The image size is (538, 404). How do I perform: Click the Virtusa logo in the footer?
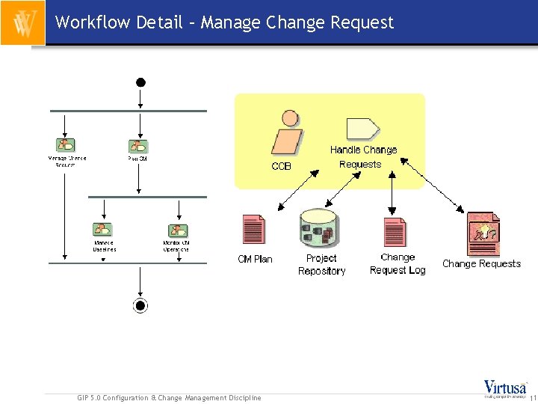(505, 388)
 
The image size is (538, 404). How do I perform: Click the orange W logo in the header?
(23, 23)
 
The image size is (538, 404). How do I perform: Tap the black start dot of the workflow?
(140, 82)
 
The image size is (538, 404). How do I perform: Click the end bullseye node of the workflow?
(140, 304)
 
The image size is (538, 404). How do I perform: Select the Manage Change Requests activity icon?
(65, 145)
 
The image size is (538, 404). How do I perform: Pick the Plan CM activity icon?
(137, 146)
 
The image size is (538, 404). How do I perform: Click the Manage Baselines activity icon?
(102, 230)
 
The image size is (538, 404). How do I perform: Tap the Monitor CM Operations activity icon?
(177, 230)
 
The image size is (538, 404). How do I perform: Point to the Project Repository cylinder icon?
(319, 230)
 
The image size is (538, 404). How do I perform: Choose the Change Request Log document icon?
(395, 232)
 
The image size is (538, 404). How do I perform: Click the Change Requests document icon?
(482, 234)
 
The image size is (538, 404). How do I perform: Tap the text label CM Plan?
(255, 259)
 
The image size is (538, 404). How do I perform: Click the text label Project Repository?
(321, 264)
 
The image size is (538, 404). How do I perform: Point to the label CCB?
(282, 166)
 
